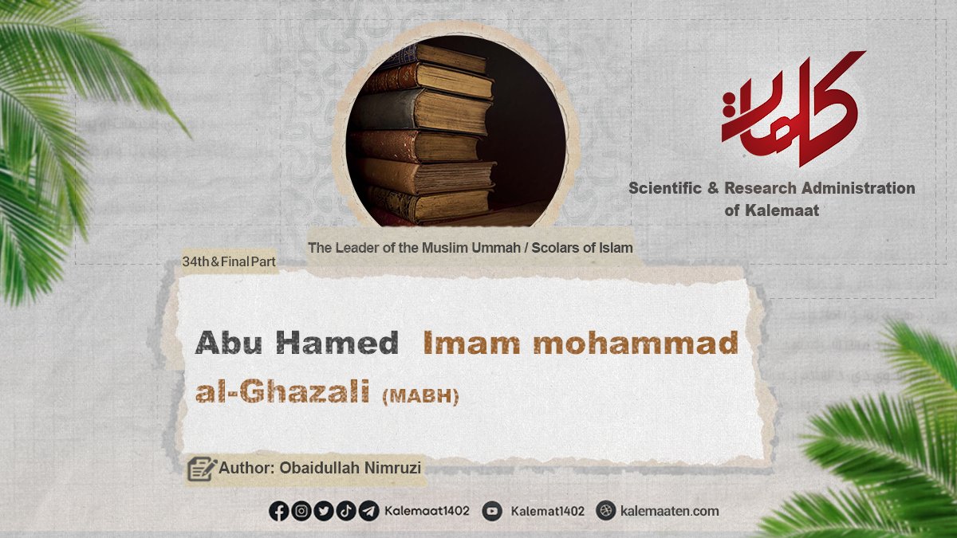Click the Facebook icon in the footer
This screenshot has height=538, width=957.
pos(279,511)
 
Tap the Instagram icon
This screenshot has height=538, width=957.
pos(301,511)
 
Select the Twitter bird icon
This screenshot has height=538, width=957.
pos(324,511)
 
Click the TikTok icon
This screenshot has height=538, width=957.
pos(345,511)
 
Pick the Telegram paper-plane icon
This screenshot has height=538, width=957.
pos(368,511)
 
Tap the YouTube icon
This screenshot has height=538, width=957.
pos(492,511)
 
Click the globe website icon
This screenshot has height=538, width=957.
pos(605,511)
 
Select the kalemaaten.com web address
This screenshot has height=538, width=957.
pos(669,511)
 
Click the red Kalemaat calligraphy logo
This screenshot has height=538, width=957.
pos(793,108)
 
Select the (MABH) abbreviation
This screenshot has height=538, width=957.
pos(420,396)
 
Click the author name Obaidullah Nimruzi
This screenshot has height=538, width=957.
pos(350,468)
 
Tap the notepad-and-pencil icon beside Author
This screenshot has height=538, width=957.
pos(202,469)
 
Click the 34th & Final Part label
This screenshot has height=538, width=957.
pos(229,261)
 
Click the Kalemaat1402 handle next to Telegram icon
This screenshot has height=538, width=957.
pos(427,511)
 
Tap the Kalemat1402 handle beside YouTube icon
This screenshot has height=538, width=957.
pos(547,511)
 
